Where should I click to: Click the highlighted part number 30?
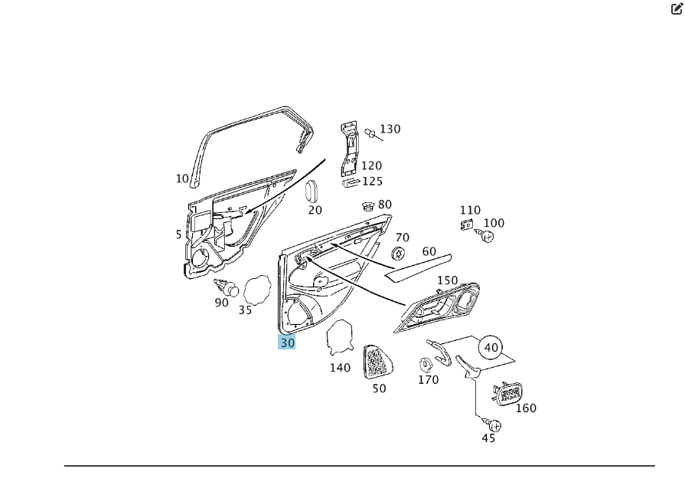click(287, 342)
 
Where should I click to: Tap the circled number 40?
click(491, 348)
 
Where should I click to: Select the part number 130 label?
click(390, 129)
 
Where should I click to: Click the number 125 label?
click(372, 182)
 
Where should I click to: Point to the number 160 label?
click(526, 408)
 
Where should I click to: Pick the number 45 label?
click(488, 438)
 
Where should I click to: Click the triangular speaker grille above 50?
click(374, 361)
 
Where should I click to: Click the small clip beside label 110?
click(466, 224)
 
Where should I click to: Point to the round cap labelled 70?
click(398, 254)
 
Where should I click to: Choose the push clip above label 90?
click(227, 288)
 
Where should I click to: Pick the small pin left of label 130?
click(371, 134)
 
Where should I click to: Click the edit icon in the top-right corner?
click(677, 10)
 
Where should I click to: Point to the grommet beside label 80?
click(368, 205)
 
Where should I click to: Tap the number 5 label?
click(179, 234)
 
